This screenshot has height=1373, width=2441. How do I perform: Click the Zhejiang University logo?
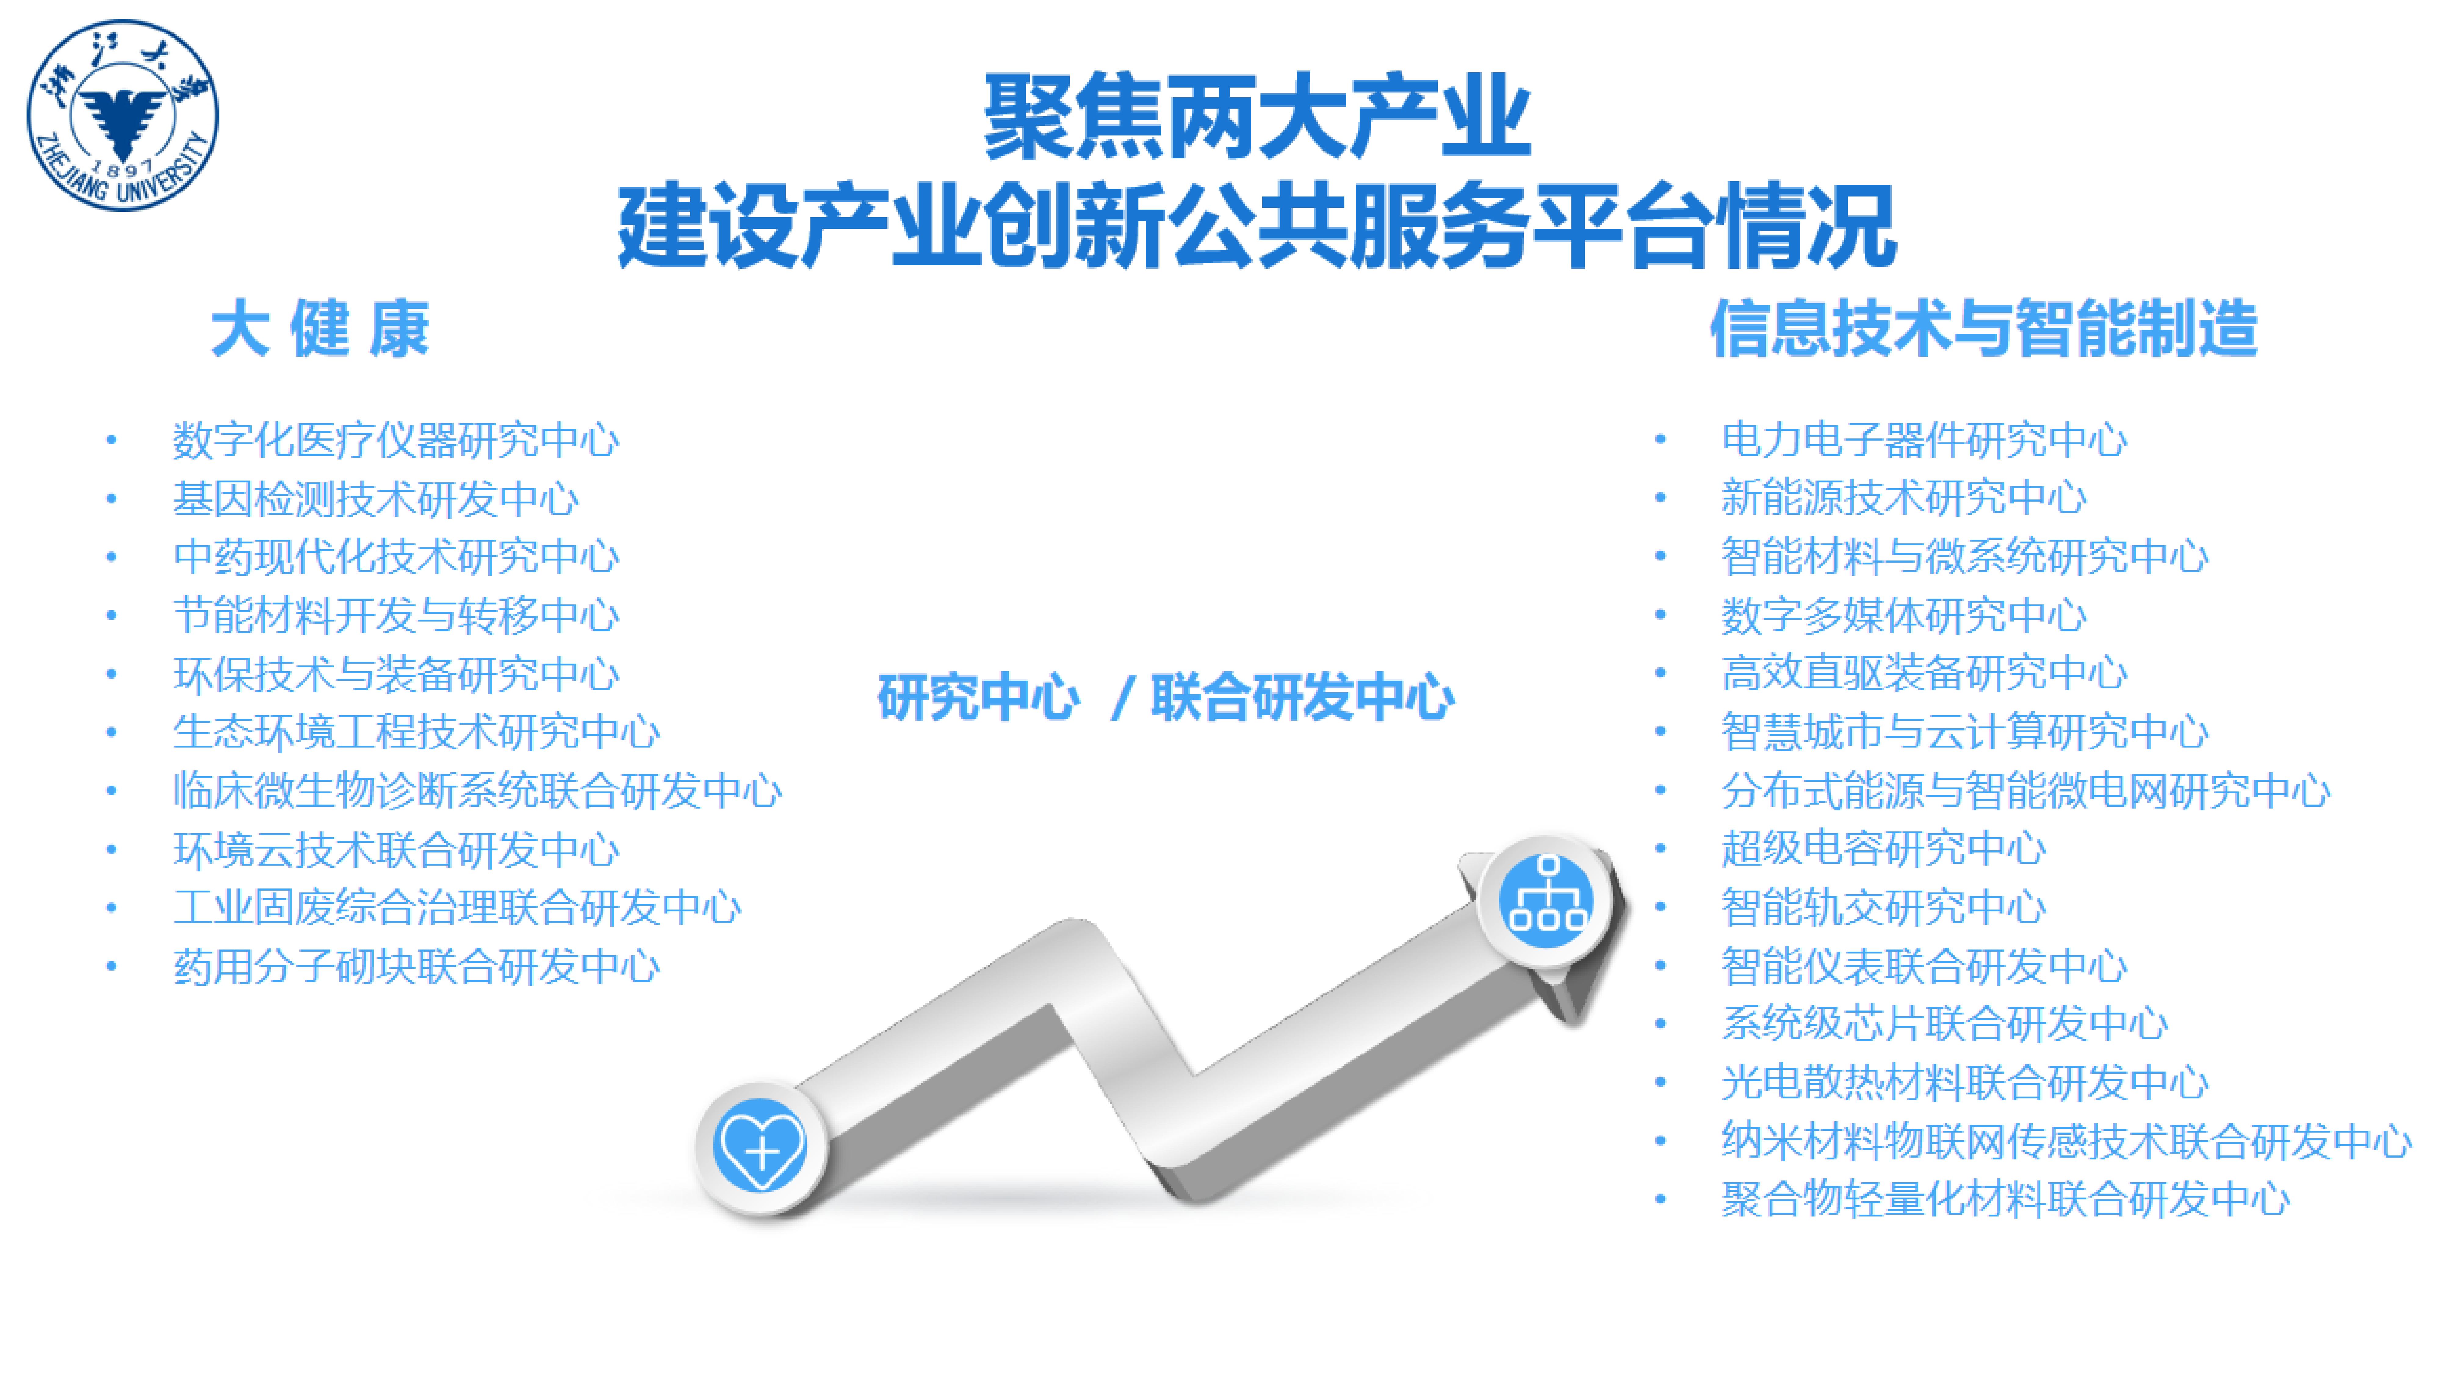click(123, 115)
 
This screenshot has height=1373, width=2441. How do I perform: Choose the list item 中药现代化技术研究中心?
click(396, 556)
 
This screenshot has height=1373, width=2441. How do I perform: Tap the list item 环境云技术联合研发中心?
click(396, 849)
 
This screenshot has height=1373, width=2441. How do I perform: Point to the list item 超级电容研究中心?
click(1884, 848)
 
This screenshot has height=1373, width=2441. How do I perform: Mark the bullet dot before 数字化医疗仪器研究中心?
click(112, 440)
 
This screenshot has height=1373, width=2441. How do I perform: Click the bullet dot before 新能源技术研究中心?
click(1660, 499)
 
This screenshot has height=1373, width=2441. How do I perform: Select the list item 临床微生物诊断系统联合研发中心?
click(478, 790)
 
